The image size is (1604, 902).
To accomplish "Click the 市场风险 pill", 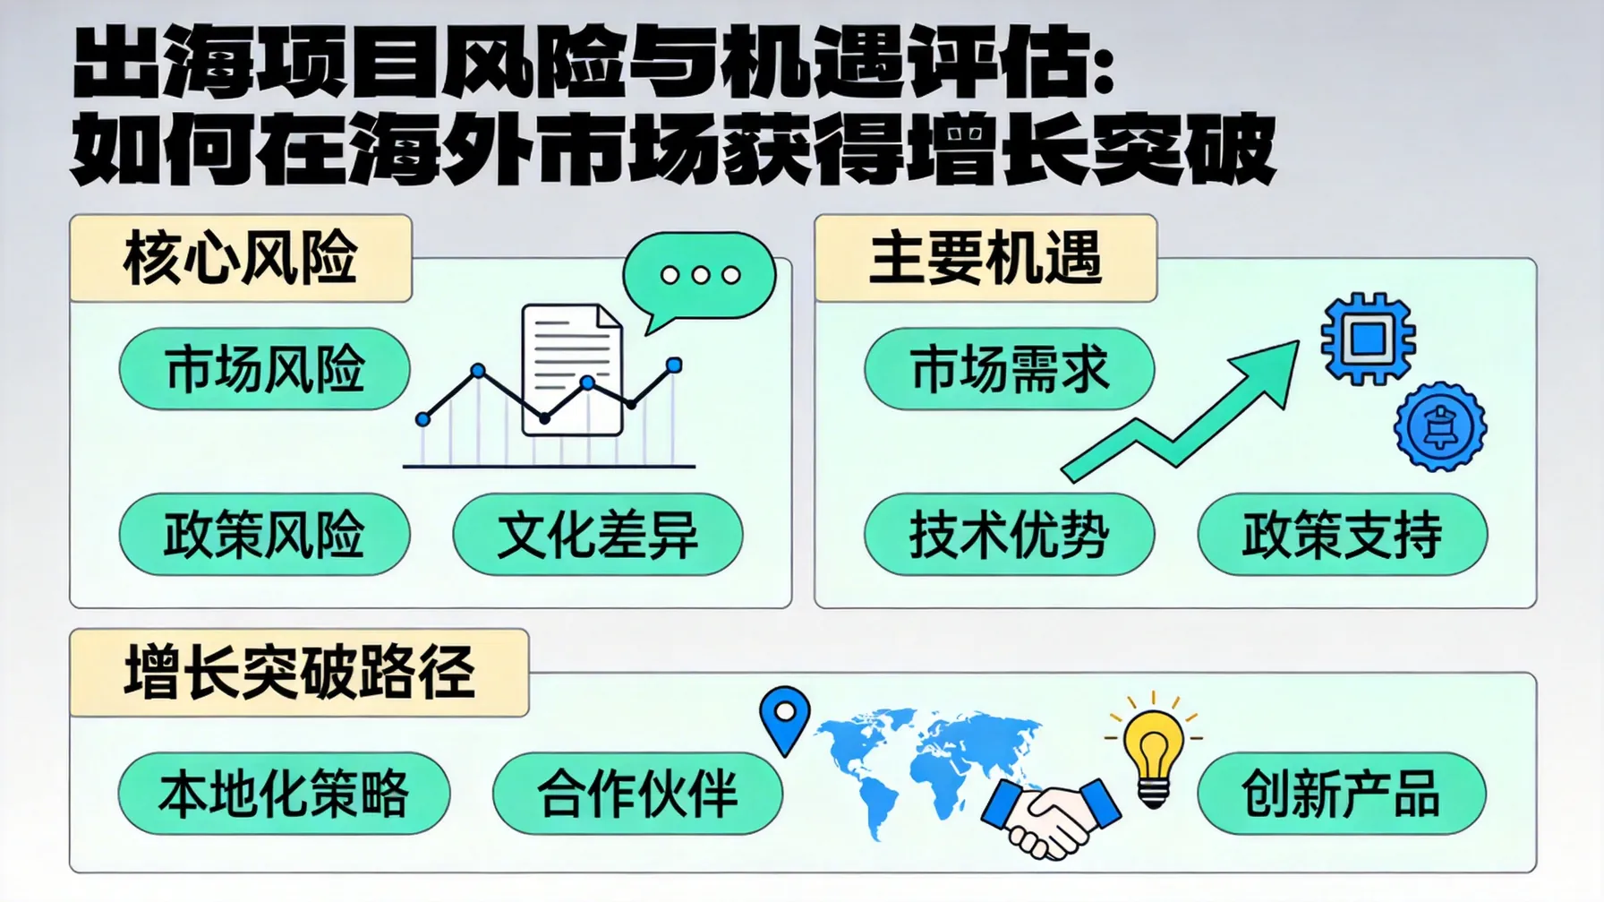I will tap(264, 369).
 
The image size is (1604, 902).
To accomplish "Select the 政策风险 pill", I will tap(264, 535).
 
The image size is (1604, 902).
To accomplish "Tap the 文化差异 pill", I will tap(597, 535).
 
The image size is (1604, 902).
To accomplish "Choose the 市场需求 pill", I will tap(1009, 369).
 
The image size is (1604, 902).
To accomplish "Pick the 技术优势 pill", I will tap(1009, 535).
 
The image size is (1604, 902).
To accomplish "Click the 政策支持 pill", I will tap(1342, 535).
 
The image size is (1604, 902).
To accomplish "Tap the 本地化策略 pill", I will tap(284, 794).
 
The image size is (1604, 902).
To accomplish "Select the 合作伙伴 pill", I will tap(637, 794).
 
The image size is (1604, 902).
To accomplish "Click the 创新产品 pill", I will tap(1341, 794).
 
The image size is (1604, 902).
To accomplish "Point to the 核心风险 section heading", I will tap(241, 259).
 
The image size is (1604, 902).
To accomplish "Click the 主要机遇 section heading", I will tap(985, 259).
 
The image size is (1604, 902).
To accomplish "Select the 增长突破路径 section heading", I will tap(299, 673).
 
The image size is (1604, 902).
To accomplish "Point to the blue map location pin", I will tap(785, 717).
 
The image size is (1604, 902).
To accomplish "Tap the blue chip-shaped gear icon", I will tap(1368, 339).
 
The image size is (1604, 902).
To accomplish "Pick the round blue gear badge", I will tap(1440, 427).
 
